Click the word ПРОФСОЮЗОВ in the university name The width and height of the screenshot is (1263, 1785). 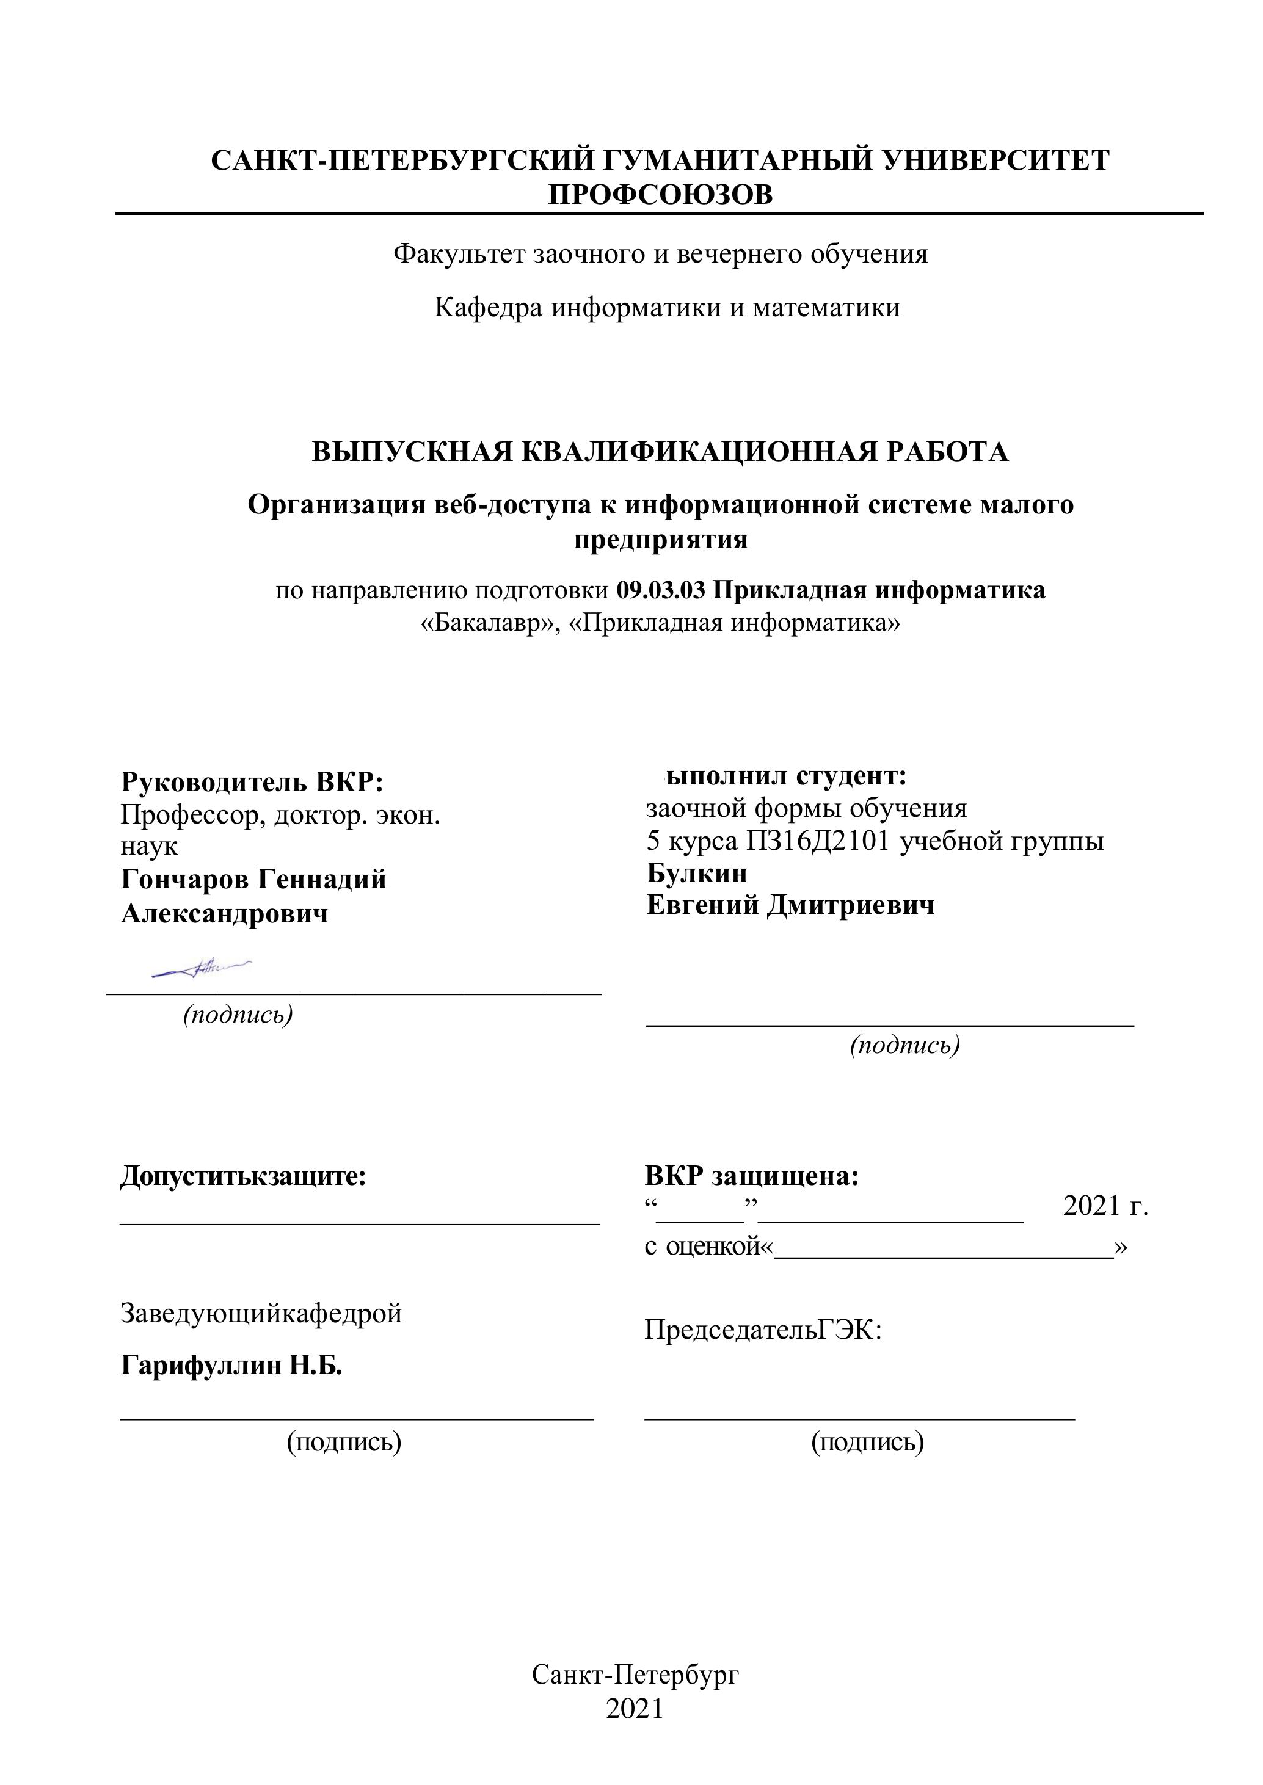tap(660, 194)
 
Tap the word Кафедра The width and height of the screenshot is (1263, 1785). tap(489, 308)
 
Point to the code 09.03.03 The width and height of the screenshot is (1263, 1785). tap(660, 590)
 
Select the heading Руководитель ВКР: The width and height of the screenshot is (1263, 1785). tap(252, 781)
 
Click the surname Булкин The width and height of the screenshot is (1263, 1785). tap(696, 873)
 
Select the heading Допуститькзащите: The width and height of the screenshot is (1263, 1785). tap(242, 1176)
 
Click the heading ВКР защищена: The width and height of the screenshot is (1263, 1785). tap(751, 1176)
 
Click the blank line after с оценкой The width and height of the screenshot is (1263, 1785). tap(944, 1247)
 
